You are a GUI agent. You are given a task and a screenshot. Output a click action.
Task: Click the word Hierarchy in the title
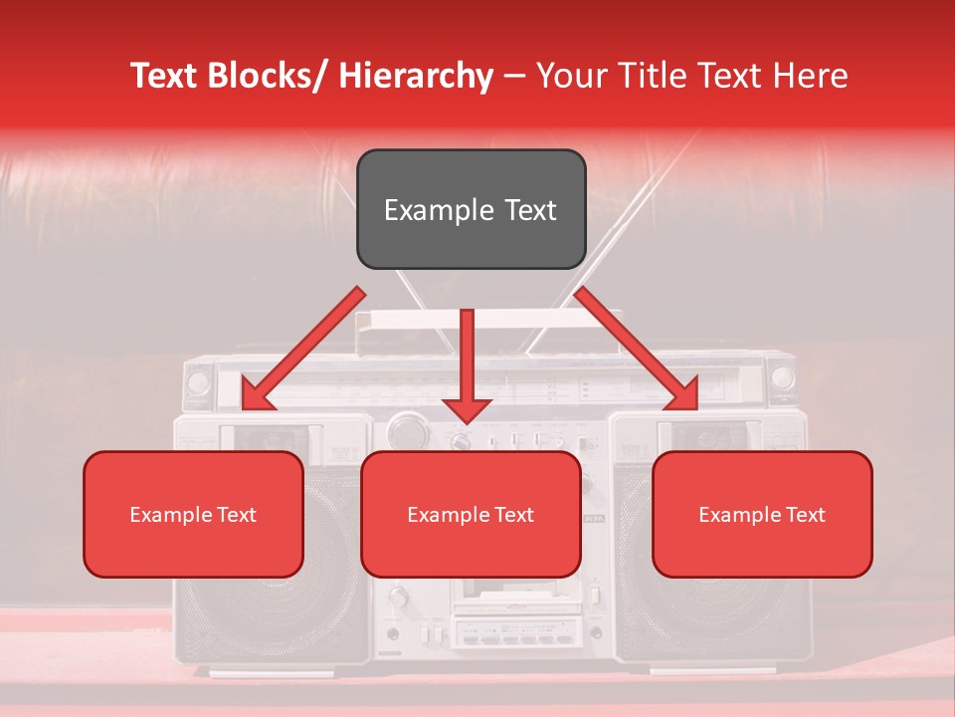pyautogui.click(x=416, y=76)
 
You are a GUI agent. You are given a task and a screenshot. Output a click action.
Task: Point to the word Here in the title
pyautogui.click(x=810, y=76)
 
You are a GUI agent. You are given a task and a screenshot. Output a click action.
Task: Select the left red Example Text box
pyautogui.click(x=193, y=514)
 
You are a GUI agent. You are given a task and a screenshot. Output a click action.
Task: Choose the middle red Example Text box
pyautogui.click(x=471, y=514)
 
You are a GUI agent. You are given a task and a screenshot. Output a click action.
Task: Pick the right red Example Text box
pyautogui.click(x=762, y=514)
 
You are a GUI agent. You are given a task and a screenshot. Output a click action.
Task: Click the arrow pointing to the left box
pyautogui.click(x=303, y=349)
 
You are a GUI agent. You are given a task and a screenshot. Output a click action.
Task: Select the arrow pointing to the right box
pyautogui.click(x=637, y=349)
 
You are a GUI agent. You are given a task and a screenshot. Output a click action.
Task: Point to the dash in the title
pyautogui.click(x=514, y=76)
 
